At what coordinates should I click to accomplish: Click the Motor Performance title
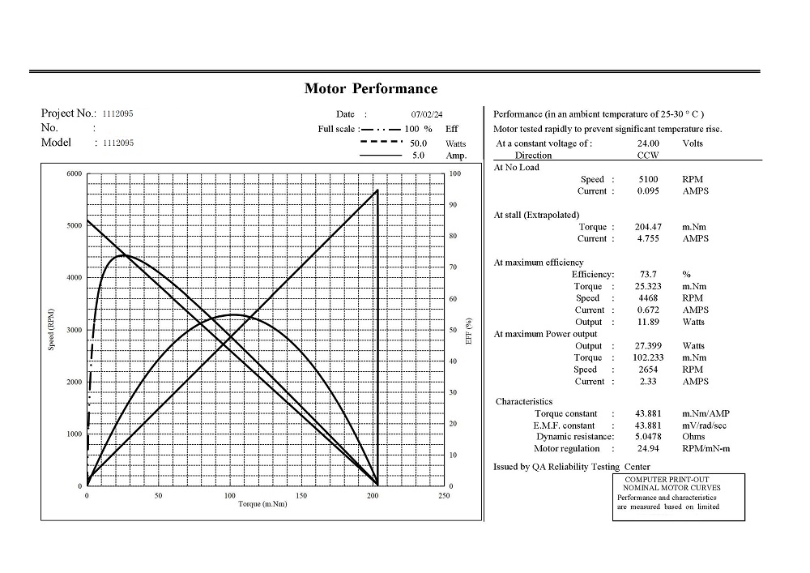(x=370, y=89)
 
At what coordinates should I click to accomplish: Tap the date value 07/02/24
(x=427, y=115)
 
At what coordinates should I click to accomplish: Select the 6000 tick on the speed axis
(x=74, y=174)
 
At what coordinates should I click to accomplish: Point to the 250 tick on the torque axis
(x=444, y=495)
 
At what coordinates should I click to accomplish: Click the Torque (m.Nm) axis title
(x=262, y=504)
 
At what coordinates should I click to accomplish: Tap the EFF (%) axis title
(x=469, y=330)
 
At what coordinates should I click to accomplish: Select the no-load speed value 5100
(x=648, y=179)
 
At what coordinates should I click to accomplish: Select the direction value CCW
(x=648, y=155)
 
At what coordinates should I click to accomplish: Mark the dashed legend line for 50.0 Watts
(x=381, y=143)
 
